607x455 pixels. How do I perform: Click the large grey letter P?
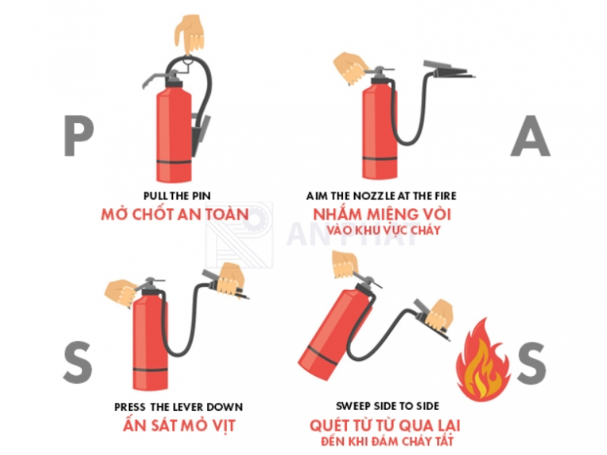point(79,136)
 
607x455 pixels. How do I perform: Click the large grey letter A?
point(530,136)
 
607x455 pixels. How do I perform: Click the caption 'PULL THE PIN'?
point(178,195)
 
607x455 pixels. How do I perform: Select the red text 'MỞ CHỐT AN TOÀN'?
point(175,214)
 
